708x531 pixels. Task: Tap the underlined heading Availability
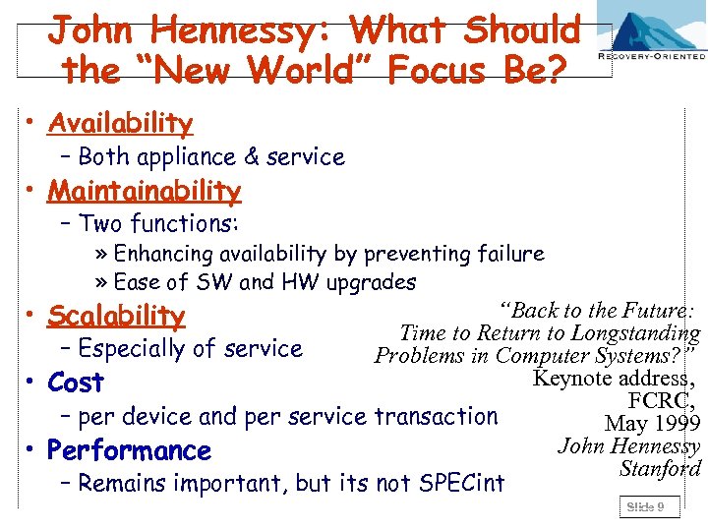pyautogui.click(x=120, y=123)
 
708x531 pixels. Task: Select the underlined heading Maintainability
pyautogui.click(x=144, y=190)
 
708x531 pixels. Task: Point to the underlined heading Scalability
pyautogui.click(x=116, y=316)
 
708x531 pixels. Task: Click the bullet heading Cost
pyautogui.click(x=76, y=383)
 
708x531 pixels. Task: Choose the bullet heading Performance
pyautogui.click(x=129, y=450)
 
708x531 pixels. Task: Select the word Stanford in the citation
pyautogui.click(x=660, y=468)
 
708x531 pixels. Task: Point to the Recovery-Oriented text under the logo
pyautogui.click(x=653, y=57)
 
